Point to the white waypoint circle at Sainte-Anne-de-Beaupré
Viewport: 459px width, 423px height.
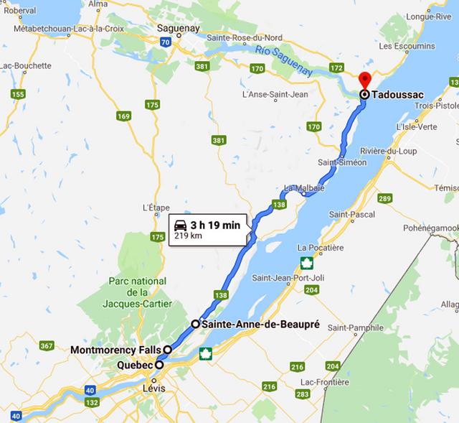pyautogui.click(x=195, y=325)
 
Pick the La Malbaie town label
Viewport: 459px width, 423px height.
pyautogui.click(x=305, y=188)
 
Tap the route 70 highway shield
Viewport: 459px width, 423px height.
pyautogui.click(x=166, y=42)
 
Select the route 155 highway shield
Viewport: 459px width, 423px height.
pyautogui.click(x=19, y=94)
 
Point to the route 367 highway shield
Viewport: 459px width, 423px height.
pyautogui.click(x=47, y=346)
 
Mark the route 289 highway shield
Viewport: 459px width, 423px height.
pyautogui.click(x=385, y=198)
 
